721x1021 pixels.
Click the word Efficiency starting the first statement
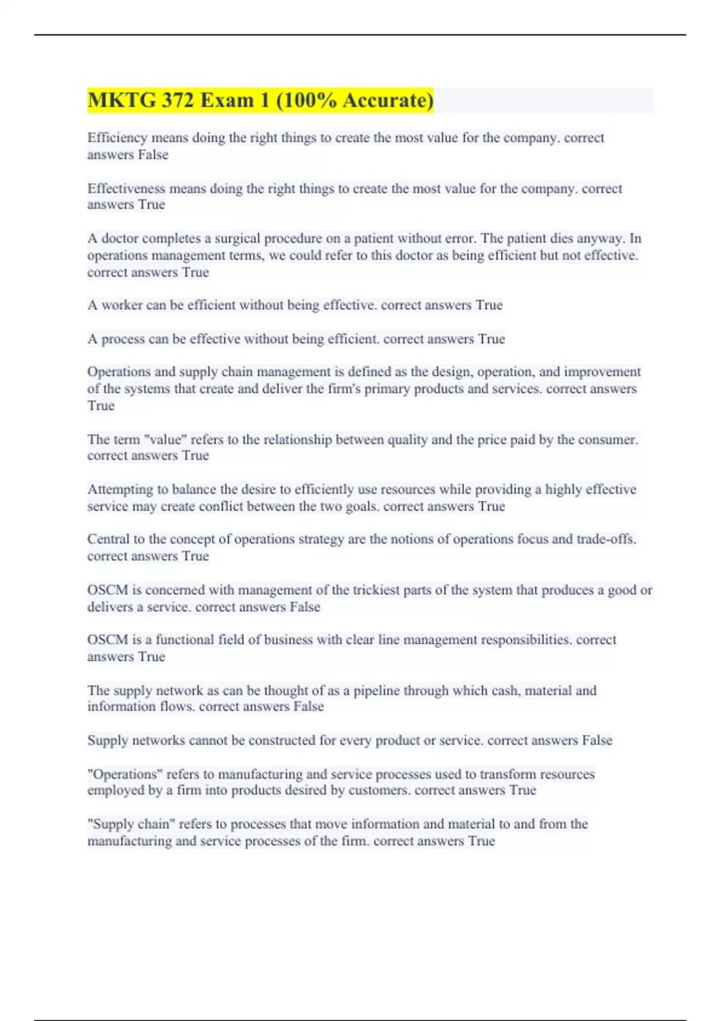pyautogui.click(x=117, y=138)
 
